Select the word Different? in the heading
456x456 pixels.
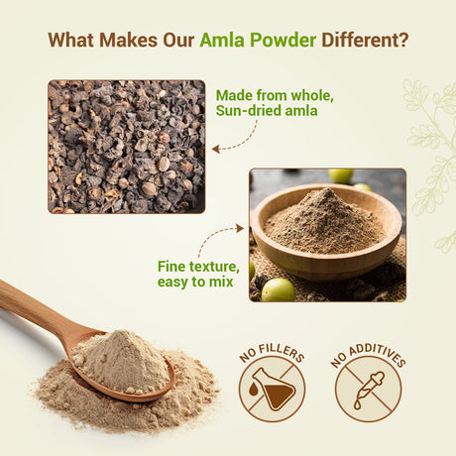pos(363,41)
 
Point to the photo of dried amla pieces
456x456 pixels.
pos(126,147)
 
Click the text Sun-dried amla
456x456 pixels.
pos(267,111)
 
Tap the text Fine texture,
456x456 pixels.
pos(198,267)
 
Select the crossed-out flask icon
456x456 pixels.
pos(272,389)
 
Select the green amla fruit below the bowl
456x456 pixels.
pos(279,288)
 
